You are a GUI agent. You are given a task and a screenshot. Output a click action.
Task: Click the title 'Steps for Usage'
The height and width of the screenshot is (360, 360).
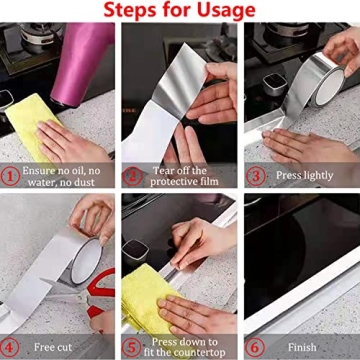pyautogui.click(x=180, y=11)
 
